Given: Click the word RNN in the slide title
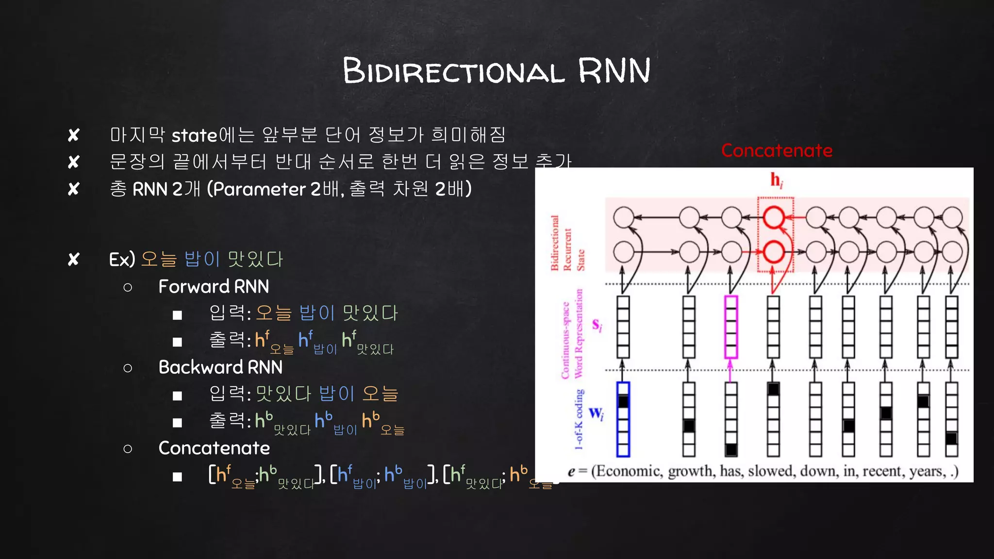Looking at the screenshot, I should [614, 71].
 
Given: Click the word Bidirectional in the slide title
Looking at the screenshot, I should [454, 71].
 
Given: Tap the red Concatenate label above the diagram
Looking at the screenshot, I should [777, 150].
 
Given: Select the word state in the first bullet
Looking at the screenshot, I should [194, 135].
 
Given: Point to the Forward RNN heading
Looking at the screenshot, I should [214, 287].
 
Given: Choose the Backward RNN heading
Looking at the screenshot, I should [220, 367].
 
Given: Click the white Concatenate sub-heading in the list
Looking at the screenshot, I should [214, 448].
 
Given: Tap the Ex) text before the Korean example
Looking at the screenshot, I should [122, 260].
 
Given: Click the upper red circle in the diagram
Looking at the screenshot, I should [774, 217].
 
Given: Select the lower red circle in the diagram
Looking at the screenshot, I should [774, 252].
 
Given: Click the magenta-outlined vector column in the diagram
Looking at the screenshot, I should [731, 327].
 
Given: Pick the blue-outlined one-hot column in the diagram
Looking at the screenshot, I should [623, 419].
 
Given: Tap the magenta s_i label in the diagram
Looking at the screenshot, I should [597, 325].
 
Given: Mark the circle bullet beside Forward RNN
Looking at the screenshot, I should [128, 287].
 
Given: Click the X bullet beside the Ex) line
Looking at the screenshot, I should [74, 260].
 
